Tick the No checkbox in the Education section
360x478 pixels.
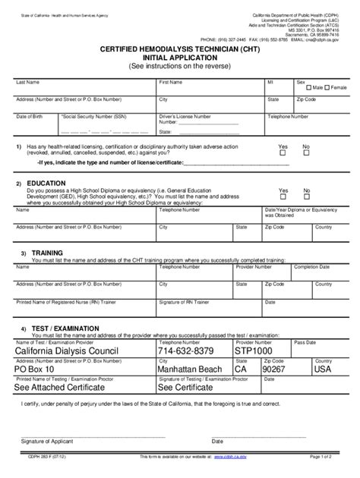306,197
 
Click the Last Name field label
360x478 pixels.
28,80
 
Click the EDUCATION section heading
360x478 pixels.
46,184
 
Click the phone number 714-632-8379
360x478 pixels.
186,351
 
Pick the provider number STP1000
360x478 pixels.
254,351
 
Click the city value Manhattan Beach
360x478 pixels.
192,370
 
